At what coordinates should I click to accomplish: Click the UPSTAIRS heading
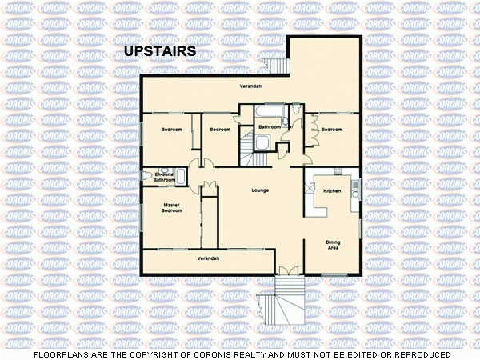pyautogui.click(x=160, y=52)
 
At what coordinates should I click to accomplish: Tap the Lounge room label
pyautogui.click(x=259, y=190)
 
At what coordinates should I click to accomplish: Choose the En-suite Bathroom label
pyautogui.click(x=164, y=178)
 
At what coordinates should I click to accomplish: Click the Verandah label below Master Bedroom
pyautogui.click(x=208, y=258)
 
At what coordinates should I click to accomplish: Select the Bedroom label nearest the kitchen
pyautogui.click(x=332, y=130)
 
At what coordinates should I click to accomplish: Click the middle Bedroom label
pyautogui.click(x=220, y=130)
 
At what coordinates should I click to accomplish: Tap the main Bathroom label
pyautogui.click(x=269, y=127)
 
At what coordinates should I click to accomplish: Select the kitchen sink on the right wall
pyautogui.click(x=359, y=189)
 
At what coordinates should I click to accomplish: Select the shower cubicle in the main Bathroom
pyautogui.click(x=262, y=142)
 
